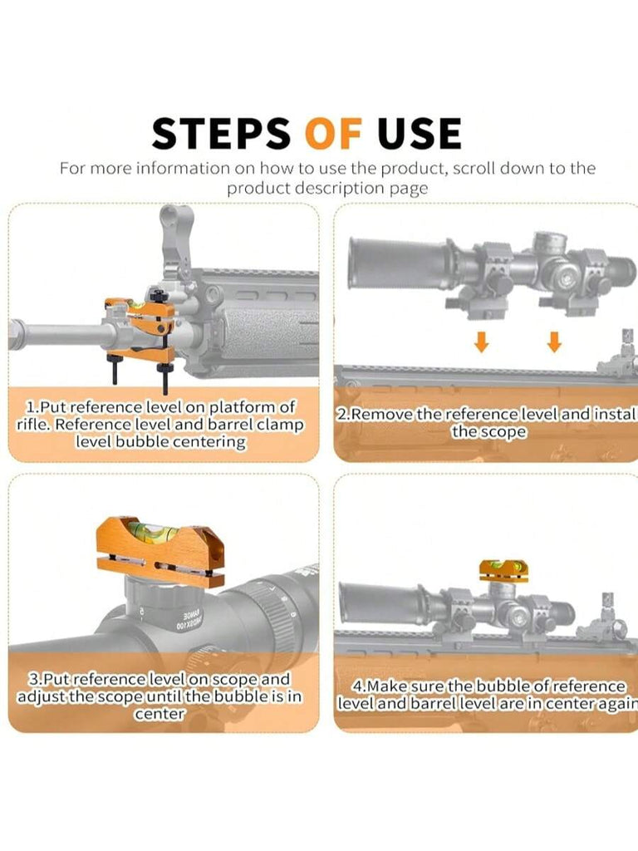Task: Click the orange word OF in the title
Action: point(333,133)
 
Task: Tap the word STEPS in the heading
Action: point(221,133)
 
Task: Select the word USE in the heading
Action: point(420,133)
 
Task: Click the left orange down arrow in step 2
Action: point(481,342)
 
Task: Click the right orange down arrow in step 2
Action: point(553,342)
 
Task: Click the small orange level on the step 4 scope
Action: point(503,571)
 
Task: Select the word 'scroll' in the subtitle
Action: point(474,168)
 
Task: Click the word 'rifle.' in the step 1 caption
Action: point(33,425)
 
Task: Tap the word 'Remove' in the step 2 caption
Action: point(382,415)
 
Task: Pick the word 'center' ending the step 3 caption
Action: point(159,714)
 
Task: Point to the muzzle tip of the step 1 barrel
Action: point(11,333)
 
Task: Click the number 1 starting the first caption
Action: point(31,407)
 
